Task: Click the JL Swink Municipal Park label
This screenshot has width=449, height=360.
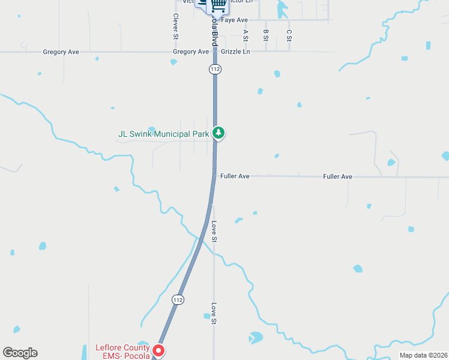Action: (x=164, y=134)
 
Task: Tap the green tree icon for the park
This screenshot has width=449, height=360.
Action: (x=220, y=133)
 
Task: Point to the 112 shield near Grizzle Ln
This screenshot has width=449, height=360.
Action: (x=215, y=69)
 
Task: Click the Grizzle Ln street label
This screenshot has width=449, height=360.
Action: (x=235, y=52)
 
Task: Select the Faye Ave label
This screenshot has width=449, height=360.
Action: (x=235, y=20)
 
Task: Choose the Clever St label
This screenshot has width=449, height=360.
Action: (x=176, y=26)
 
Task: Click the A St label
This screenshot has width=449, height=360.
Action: (x=246, y=35)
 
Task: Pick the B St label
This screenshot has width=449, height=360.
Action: (x=265, y=35)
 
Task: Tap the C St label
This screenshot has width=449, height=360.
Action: (x=289, y=35)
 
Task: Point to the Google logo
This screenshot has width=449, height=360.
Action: (x=20, y=353)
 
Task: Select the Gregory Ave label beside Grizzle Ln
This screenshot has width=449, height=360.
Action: (x=191, y=52)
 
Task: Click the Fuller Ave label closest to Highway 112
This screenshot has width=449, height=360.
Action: (x=235, y=176)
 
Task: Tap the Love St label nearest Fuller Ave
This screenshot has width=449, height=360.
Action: (x=214, y=232)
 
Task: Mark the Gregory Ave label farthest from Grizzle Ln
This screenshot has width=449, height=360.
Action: (x=61, y=52)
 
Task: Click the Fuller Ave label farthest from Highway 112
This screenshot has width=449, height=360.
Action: (x=337, y=176)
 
